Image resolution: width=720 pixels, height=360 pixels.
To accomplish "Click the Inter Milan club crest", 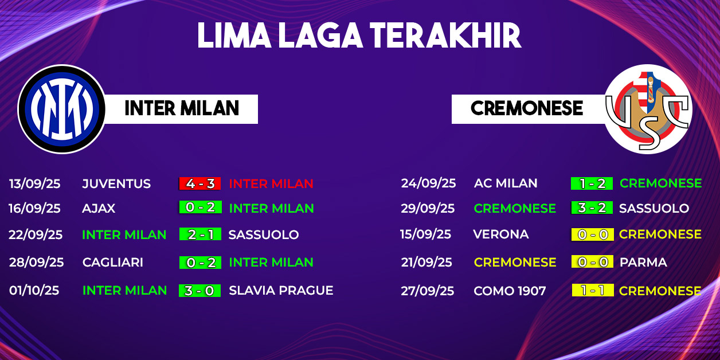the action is pos(61,109).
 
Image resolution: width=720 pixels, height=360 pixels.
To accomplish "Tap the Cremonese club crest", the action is pos(648,109).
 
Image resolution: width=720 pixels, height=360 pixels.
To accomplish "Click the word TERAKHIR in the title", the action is pos(445,36).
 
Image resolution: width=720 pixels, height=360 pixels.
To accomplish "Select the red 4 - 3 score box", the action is pos(200,183).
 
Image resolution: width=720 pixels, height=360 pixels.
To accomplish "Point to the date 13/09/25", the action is pos(35,183).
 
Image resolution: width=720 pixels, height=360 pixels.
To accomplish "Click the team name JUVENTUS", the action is pos(116,183).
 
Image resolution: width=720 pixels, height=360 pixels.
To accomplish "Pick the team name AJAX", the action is pos(99,208).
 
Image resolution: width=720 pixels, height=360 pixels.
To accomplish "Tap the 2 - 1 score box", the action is pos(200,234).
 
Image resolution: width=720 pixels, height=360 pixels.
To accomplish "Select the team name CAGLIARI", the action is pos(113,263).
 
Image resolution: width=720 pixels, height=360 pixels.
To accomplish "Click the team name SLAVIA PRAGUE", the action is pos(281,291).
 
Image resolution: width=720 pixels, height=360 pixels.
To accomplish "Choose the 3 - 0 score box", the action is pos(199,291).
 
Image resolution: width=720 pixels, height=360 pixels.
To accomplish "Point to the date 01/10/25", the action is pos(34,291).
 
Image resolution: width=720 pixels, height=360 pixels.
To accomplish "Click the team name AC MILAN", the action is pos(506,183).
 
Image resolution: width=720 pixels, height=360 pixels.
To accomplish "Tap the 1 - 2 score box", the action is pos(592,183).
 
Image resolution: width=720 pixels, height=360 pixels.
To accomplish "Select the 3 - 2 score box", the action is pos(592,208).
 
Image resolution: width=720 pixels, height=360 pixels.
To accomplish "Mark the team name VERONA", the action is pos(501,234).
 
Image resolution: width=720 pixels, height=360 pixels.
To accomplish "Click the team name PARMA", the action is pos(643,263).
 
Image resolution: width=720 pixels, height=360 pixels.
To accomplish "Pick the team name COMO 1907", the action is pos(510,291).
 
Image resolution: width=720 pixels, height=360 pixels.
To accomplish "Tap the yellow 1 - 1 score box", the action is pos(593,290).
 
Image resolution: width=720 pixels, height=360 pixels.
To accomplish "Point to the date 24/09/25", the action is pos(428,183).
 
